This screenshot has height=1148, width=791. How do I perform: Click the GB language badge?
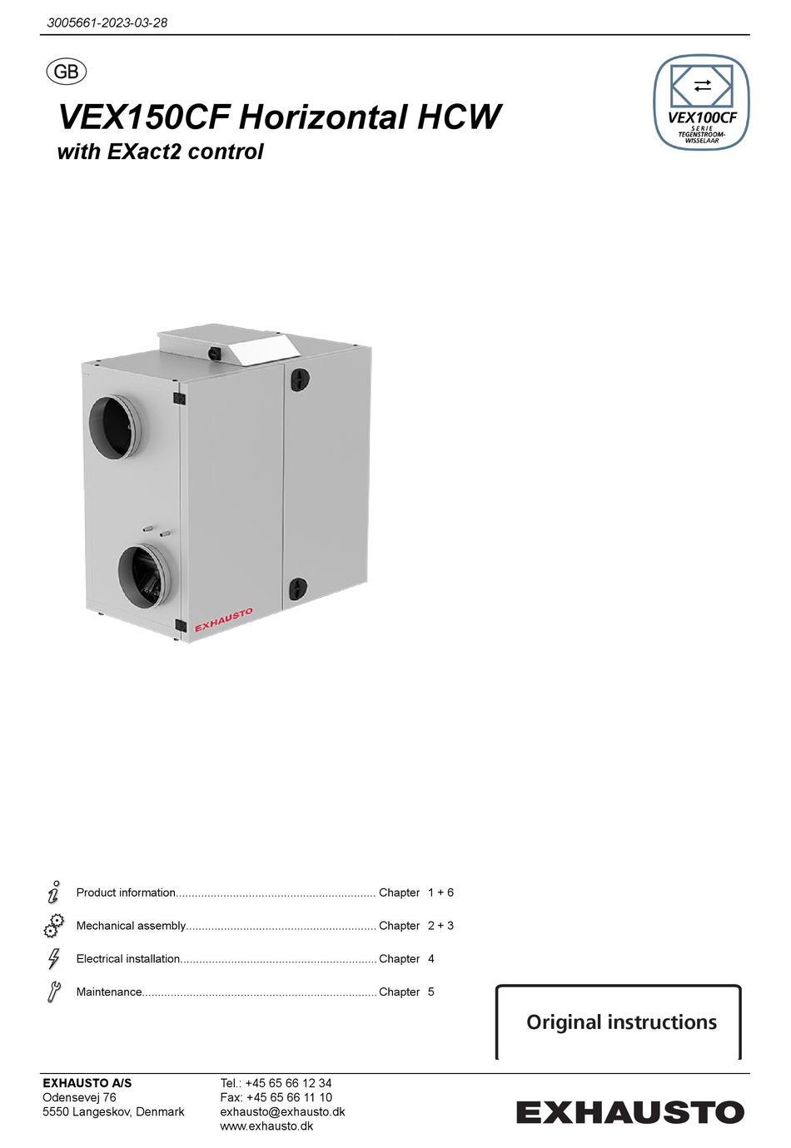66,72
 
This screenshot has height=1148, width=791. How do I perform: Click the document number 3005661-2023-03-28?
107,22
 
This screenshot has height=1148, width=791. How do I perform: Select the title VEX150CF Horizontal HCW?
280,117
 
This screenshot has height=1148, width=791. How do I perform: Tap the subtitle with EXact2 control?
160,152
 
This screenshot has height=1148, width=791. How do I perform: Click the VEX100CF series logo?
701,102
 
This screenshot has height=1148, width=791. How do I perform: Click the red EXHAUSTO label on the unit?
223,620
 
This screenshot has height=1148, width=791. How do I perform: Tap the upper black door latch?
299,380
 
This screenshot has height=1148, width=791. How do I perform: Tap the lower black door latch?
297,589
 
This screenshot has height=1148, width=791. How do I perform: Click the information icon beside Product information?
54,892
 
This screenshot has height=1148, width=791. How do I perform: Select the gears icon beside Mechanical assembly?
54,926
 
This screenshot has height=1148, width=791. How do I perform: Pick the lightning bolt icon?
54,959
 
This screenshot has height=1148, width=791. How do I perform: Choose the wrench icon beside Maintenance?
54,991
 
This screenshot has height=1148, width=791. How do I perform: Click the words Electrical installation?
128,959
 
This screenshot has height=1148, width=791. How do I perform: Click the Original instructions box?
620,1022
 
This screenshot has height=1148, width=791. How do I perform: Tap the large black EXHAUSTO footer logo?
629,1112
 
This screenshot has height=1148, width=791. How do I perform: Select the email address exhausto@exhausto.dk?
282,1112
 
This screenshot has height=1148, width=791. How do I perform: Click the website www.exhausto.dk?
266,1126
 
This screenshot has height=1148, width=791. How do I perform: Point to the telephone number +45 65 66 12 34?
288,1084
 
